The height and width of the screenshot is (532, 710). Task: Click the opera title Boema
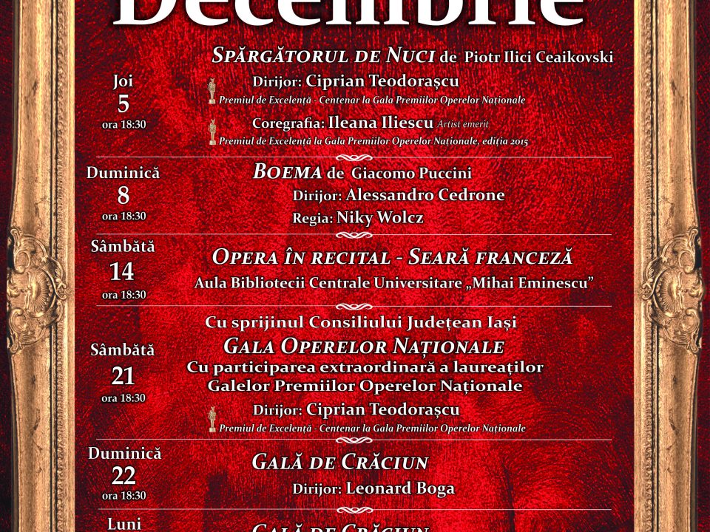pos(287,172)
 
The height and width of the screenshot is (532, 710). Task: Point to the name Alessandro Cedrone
pos(425,195)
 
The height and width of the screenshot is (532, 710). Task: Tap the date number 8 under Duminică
pos(123,196)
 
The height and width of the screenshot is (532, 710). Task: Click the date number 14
pos(122,272)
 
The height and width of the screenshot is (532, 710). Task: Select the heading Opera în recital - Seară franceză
pos(392,257)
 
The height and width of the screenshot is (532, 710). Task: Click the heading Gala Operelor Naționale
pos(363,347)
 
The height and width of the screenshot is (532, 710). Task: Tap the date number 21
pos(123,377)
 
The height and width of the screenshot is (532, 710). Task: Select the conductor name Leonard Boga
pos(400,488)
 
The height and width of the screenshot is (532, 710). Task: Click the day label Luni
pos(124,523)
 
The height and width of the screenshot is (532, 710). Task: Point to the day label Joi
pos(123,81)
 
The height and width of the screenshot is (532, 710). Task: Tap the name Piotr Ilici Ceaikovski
pos(539,58)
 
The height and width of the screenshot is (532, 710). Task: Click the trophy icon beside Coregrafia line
pos(212,132)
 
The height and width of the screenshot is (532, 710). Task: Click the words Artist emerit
pos(463,123)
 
